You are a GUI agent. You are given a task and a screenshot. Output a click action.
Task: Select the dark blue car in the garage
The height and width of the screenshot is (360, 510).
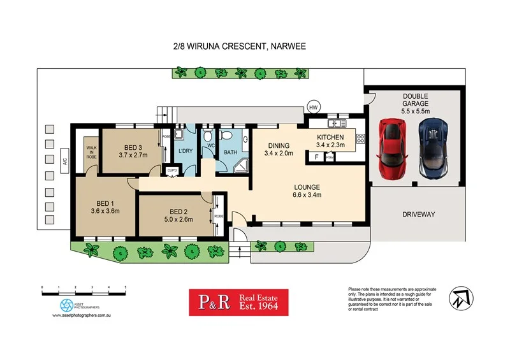point(433,148)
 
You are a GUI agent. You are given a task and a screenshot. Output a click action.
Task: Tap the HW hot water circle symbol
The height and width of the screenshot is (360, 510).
point(313,107)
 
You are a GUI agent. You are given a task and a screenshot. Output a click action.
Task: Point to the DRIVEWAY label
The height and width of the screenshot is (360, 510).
point(419,214)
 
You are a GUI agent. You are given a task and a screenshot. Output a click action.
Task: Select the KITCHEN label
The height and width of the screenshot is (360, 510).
point(330,137)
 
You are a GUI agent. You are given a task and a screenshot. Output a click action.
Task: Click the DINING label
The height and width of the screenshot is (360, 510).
point(278,145)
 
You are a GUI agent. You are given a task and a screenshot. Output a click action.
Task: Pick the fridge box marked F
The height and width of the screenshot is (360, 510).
point(317,156)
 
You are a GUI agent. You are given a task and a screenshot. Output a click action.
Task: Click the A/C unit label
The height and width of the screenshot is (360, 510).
point(64,161)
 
